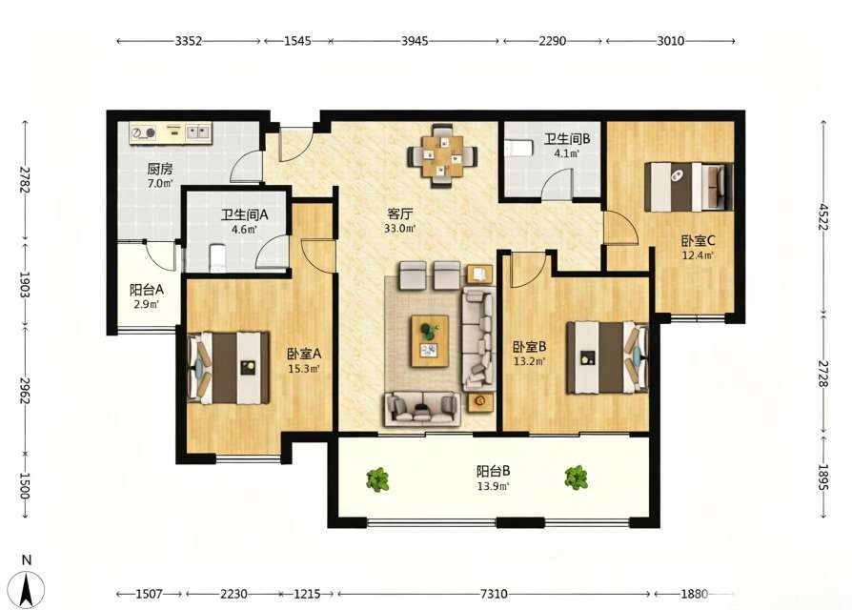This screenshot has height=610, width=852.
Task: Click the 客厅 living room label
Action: [x=399, y=213]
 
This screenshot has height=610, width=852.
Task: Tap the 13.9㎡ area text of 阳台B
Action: [x=493, y=486]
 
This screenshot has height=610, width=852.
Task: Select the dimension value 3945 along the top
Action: [x=415, y=41]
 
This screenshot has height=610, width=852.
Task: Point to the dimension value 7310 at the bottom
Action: [x=494, y=594]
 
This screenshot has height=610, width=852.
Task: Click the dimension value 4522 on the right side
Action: [x=823, y=216]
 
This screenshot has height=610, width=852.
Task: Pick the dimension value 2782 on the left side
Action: [x=25, y=180]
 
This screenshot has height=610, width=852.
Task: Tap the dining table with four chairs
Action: [x=443, y=156]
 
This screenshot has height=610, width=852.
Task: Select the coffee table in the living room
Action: [x=430, y=341]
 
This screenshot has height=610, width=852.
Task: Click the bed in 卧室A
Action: [x=228, y=368]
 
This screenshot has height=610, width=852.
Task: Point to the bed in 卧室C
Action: [x=688, y=186]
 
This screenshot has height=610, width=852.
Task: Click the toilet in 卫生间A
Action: [x=218, y=257]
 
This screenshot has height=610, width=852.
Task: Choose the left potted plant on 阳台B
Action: [x=377, y=479]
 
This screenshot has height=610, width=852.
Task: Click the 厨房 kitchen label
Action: [x=160, y=169]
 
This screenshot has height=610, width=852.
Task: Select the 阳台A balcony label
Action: [x=147, y=290]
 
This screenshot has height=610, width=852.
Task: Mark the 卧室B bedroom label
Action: [x=529, y=346]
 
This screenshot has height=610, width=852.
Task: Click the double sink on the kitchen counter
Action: [x=198, y=132]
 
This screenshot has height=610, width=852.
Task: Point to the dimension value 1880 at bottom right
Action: [x=695, y=594]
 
